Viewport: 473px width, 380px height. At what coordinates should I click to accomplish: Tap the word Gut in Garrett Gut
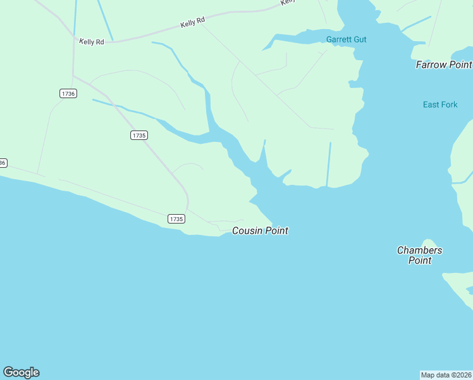(x=360, y=40)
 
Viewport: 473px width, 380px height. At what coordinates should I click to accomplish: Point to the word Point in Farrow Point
(x=461, y=65)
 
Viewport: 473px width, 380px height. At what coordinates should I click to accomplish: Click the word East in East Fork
(x=431, y=104)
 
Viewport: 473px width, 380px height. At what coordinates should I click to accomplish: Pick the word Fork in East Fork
(x=449, y=104)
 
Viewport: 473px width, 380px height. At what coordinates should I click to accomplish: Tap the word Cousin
(x=247, y=231)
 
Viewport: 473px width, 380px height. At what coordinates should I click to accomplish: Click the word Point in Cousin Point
(x=276, y=231)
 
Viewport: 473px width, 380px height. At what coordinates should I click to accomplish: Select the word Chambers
(x=419, y=250)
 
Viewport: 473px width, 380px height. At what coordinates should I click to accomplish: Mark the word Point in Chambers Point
(x=419, y=260)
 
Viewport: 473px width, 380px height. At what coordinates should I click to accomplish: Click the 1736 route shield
(x=68, y=93)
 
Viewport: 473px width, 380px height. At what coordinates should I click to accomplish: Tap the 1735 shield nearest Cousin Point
(x=176, y=218)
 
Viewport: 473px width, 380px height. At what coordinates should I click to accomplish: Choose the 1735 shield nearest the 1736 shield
(x=139, y=135)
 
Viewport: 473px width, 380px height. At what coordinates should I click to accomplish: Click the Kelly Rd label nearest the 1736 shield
(x=92, y=41)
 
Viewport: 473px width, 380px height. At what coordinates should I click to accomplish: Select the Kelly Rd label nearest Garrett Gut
(x=193, y=22)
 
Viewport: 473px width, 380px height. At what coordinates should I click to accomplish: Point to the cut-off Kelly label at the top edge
(x=288, y=2)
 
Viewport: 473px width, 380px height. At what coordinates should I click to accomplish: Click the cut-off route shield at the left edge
(x=3, y=163)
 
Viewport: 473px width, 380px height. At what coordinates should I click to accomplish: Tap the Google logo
(x=21, y=372)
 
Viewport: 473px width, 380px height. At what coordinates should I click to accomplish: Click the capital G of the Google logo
(x=8, y=372)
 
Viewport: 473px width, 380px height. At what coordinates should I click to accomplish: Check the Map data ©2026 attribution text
(x=446, y=375)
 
